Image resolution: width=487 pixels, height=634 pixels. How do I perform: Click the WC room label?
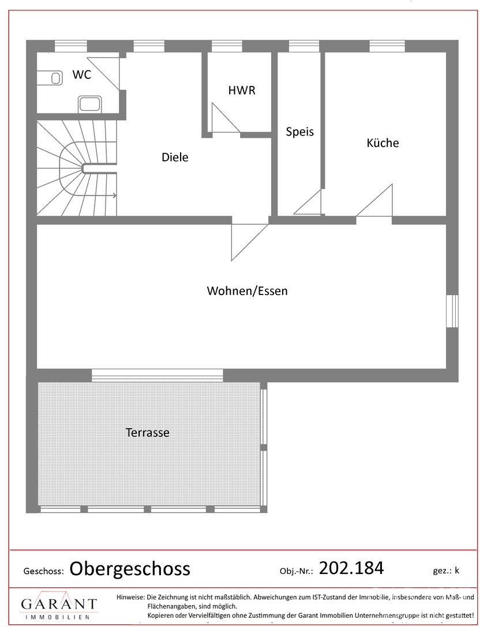tap(81, 74)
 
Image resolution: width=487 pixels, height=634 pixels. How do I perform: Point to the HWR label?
tap(241, 90)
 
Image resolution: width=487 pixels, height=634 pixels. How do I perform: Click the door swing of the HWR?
tap(224, 119)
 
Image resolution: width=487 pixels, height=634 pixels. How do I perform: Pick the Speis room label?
tap(300, 132)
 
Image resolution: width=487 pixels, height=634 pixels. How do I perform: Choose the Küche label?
tap(383, 143)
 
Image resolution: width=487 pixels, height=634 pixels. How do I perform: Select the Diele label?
tap(175, 157)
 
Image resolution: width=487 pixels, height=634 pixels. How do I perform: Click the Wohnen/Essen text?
tap(247, 291)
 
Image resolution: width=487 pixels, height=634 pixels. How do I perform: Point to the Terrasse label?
tap(148, 432)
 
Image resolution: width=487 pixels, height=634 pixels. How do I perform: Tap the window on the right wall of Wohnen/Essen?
tap(452, 311)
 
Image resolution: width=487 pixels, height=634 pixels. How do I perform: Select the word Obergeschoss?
tap(130, 569)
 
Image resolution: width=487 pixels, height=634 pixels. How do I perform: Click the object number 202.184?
tap(351, 568)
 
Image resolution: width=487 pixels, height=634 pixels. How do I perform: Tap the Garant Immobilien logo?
tap(59, 606)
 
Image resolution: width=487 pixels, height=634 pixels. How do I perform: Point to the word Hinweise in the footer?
tap(130, 597)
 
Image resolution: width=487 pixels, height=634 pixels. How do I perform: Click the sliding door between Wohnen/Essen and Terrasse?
tap(158, 376)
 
